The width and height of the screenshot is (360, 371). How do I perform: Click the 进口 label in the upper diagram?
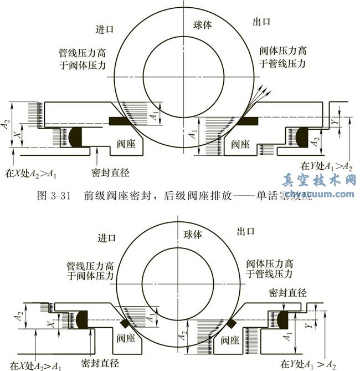coord(106,28)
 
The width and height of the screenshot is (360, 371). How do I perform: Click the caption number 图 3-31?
coord(55,195)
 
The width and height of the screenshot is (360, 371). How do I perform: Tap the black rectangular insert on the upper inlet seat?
coord(121,120)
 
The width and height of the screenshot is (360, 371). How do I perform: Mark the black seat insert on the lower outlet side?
coord(232,320)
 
